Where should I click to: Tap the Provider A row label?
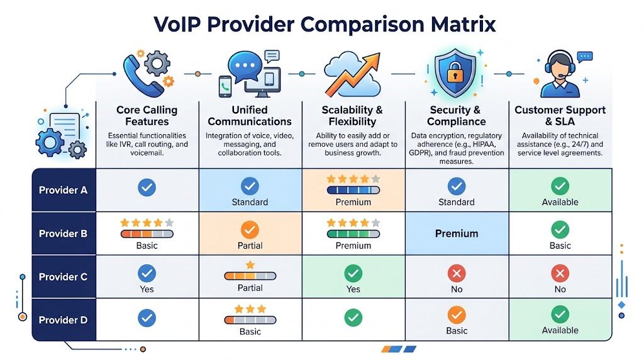click(x=63, y=190)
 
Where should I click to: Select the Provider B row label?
click(x=63, y=233)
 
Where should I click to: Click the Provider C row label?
click(x=63, y=277)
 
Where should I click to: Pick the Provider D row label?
click(x=63, y=320)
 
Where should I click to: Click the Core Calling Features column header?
click(x=147, y=116)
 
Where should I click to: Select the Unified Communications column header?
click(x=250, y=116)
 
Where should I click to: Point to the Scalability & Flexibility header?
click(x=353, y=116)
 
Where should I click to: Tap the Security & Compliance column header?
click(x=457, y=116)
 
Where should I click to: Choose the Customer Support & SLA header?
click(x=560, y=116)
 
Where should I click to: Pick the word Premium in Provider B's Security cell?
click(x=457, y=233)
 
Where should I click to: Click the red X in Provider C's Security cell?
click(x=457, y=273)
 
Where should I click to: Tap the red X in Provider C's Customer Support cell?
click(x=560, y=273)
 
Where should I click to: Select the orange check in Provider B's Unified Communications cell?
click(x=250, y=229)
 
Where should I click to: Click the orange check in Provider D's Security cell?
click(x=457, y=316)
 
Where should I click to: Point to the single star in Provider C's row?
click(x=250, y=264)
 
